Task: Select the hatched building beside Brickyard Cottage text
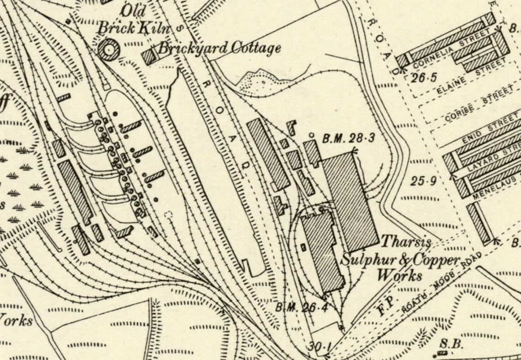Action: pyautogui.click(x=149, y=57)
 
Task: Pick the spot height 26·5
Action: pyautogui.click(x=421, y=78)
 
